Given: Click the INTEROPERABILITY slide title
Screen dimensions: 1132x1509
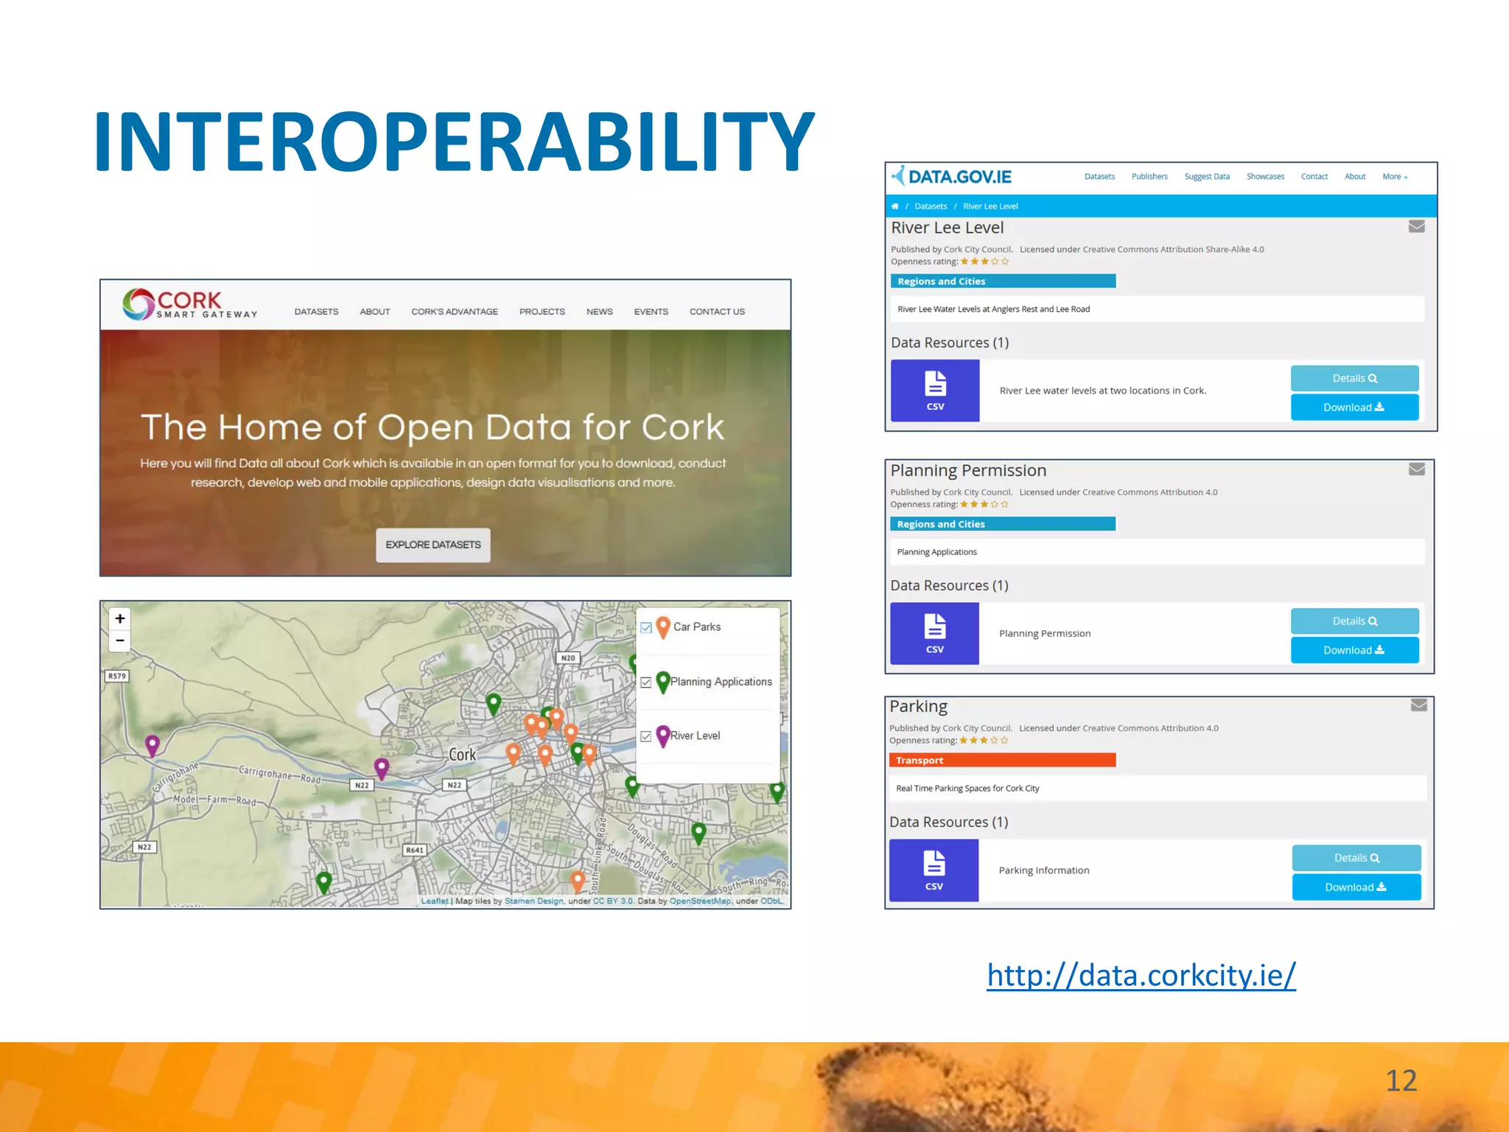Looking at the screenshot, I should click(x=454, y=141).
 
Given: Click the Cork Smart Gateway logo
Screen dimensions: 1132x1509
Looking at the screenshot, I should click(x=189, y=304).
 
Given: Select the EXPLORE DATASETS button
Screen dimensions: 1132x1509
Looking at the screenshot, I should click(x=433, y=545).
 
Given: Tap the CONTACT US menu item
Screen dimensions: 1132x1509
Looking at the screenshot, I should click(x=717, y=312).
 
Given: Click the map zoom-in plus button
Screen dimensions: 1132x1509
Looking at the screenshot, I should click(x=120, y=618).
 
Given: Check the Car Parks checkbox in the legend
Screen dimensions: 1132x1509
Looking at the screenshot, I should click(x=646, y=628).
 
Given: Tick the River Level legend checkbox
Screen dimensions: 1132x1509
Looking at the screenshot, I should click(x=646, y=736).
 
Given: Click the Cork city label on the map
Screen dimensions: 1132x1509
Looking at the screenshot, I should click(x=463, y=755).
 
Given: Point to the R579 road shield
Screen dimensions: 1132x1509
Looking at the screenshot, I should click(x=117, y=676).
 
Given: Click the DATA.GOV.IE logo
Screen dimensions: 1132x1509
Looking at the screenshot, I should click(x=951, y=177).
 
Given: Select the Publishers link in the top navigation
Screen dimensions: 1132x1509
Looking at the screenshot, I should click(x=1149, y=177).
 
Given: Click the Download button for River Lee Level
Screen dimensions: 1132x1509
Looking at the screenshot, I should click(x=1354, y=408).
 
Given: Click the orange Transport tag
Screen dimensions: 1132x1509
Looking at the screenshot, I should click(x=1002, y=761).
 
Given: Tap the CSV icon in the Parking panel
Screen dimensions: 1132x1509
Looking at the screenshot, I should click(x=934, y=870).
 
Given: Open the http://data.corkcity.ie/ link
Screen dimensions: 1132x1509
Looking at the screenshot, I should click(x=1141, y=976).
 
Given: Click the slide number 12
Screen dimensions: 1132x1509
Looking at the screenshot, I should click(x=1401, y=1081).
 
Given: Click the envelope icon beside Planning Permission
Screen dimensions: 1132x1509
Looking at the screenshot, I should click(x=1416, y=469).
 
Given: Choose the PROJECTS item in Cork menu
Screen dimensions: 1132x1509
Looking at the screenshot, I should click(x=542, y=312).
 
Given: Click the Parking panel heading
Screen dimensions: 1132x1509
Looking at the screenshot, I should click(x=918, y=707).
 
